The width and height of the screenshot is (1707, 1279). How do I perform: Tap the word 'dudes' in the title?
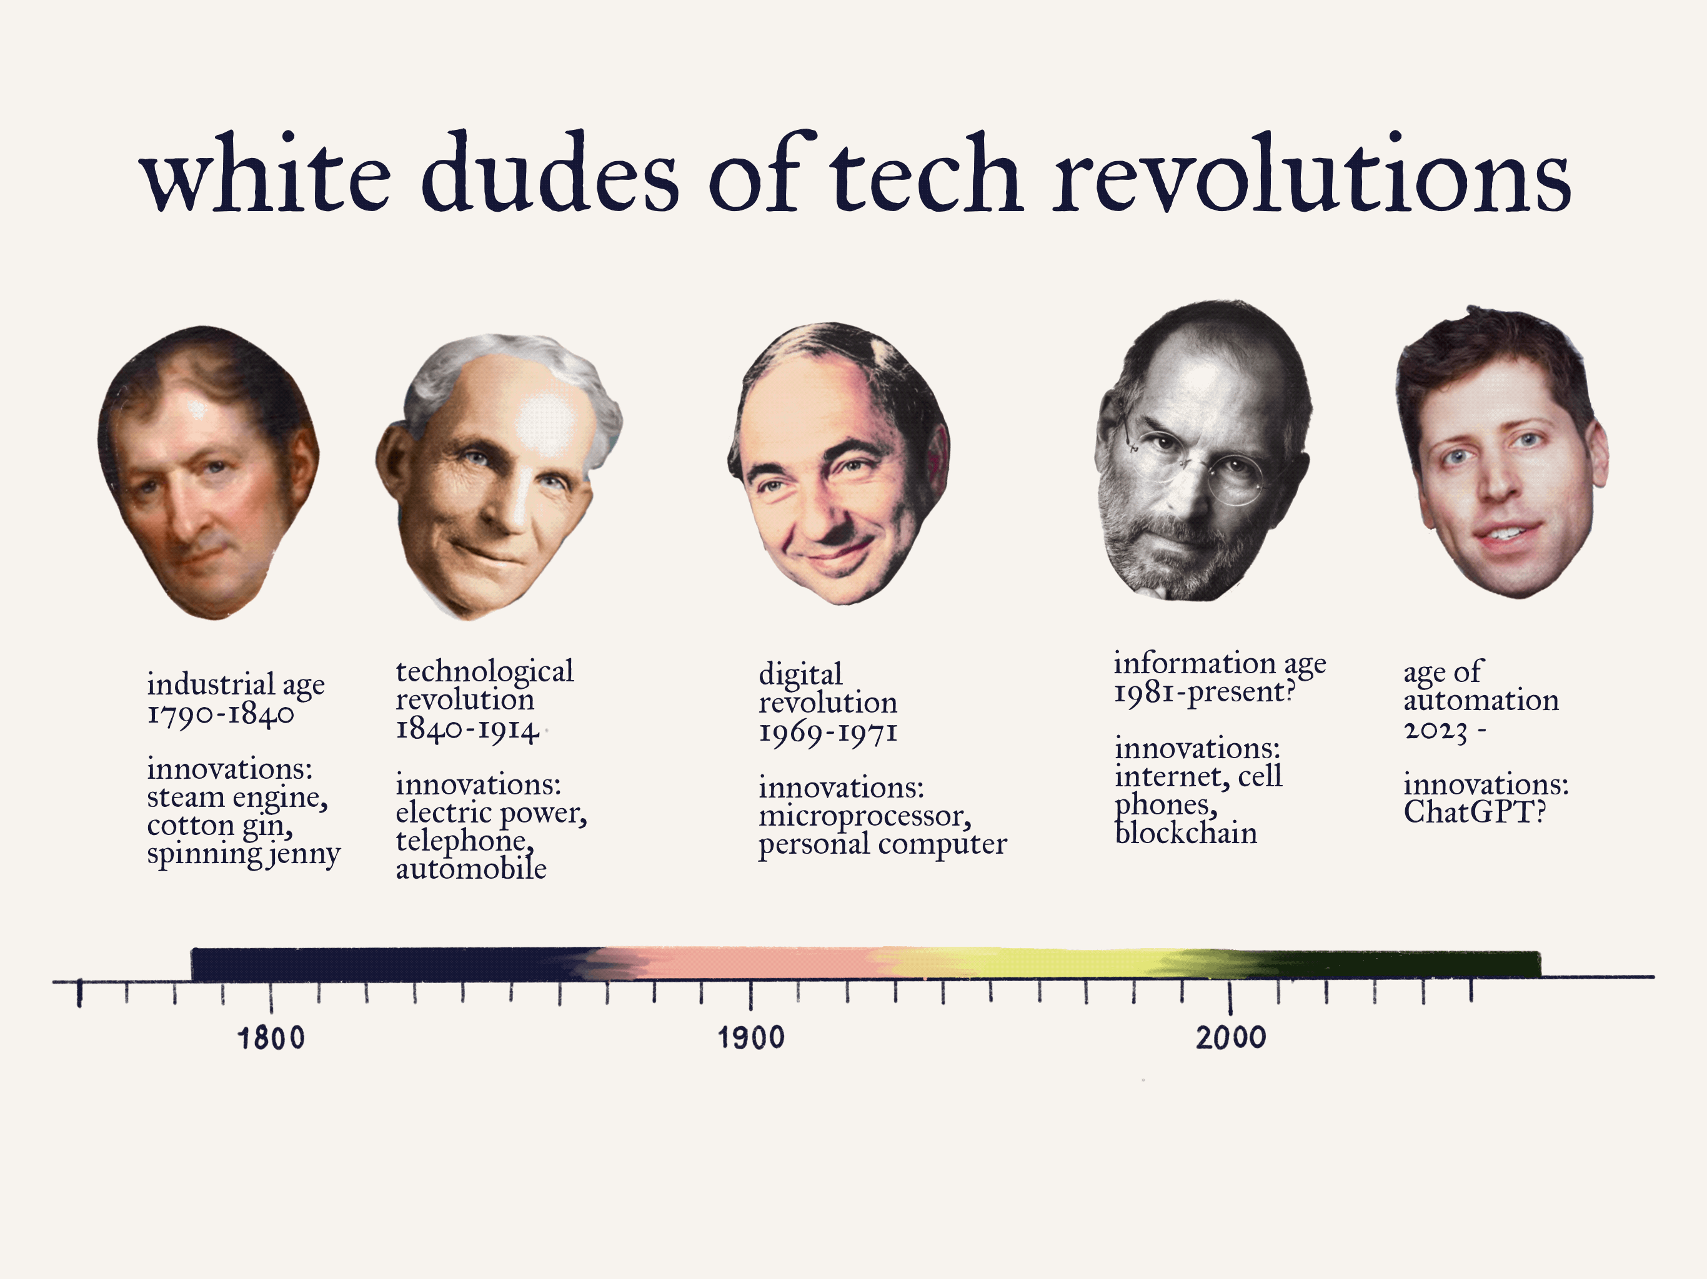549,174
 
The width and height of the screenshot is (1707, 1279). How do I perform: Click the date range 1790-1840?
221,714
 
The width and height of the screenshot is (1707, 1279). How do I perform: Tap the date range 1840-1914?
467,729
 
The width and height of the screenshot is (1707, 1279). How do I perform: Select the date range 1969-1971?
828,732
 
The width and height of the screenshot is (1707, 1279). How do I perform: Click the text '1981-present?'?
1204,692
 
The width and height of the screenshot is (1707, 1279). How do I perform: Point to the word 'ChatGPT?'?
1475,812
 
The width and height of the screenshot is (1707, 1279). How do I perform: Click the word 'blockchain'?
1186,833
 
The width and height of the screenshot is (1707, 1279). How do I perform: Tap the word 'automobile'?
470,869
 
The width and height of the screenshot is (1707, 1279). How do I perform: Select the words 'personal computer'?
882,844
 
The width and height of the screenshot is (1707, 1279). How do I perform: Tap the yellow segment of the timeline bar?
1065,964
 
